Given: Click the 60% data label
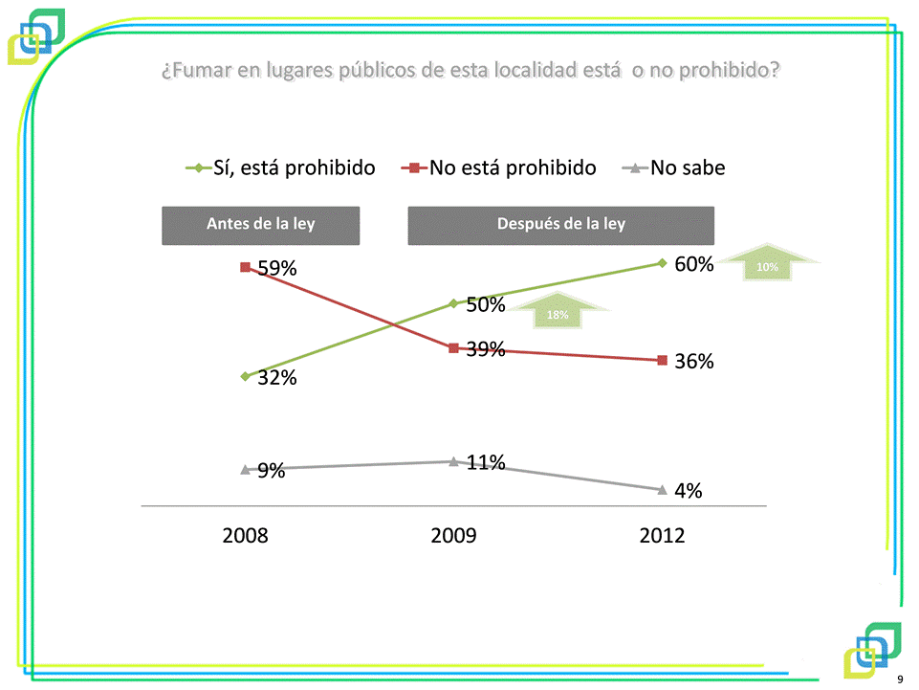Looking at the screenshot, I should [694, 265].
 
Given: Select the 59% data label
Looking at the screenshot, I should [277, 269].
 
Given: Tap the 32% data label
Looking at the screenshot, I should [277, 378].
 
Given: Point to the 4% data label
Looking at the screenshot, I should [688, 491].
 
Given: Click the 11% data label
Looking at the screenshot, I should [486, 463].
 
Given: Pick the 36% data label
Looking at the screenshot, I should [694, 362].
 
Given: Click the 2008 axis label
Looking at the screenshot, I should [246, 535].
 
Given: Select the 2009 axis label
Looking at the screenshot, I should [453, 535].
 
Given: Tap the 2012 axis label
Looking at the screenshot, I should [662, 535].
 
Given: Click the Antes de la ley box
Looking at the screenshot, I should [260, 225].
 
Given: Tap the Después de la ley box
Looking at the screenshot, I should [561, 225].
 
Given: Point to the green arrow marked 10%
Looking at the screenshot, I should [768, 264].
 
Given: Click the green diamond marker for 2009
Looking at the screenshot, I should [453, 303].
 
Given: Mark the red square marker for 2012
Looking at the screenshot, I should [662, 360].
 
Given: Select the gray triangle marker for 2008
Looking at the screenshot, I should [246, 469].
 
